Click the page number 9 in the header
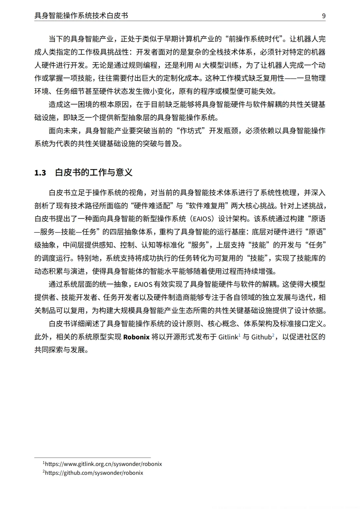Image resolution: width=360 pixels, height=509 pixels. pos(324,16)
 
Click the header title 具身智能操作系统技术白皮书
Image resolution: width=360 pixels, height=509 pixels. pos(81,16)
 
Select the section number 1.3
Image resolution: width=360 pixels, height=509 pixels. pos(40,173)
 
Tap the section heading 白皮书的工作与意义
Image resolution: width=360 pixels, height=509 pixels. pos(94,173)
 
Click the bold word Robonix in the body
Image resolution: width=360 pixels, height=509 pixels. pos(136,337)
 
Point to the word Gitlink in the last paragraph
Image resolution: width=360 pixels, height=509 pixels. pos(228,337)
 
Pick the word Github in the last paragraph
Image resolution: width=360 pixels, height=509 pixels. pos(261,337)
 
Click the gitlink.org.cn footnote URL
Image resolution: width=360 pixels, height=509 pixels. pos(103,464)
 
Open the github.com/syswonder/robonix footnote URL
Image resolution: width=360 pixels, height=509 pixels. pos(94,473)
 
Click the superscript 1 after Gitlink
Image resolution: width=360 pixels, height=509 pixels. pos(239,335)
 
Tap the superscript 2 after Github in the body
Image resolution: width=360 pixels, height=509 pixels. pos(273,335)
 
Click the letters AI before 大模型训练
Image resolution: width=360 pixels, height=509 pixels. pos(198,65)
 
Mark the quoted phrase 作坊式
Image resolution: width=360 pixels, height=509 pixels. pos(191,131)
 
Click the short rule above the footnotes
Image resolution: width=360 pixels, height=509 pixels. pos(92,458)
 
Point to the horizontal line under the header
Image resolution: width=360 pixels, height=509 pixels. pos(180,21)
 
